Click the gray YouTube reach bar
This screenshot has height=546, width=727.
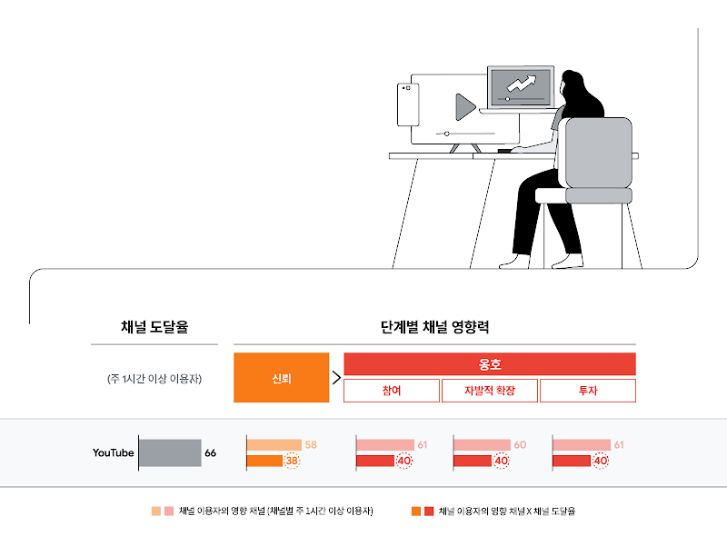(x=170, y=452)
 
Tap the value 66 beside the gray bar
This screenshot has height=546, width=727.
(x=210, y=452)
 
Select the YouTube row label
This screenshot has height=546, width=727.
(x=113, y=452)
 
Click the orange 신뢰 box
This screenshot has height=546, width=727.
(x=281, y=378)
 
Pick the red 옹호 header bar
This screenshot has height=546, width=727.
(x=490, y=364)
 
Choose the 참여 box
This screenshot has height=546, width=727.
(x=391, y=392)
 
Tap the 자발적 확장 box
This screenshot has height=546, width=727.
(x=489, y=392)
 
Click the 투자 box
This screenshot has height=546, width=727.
(x=587, y=392)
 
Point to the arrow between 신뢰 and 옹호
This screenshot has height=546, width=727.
(x=336, y=378)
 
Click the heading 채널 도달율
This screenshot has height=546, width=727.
(x=154, y=327)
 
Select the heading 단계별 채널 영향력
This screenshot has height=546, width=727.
(x=434, y=327)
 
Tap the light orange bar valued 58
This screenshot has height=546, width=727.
(x=274, y=445)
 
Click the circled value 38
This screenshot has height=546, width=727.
(x=292, y=461)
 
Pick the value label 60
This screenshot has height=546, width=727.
(x=520, y=445)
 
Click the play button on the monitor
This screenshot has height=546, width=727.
(x=464, y=107)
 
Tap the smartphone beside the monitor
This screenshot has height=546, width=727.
(x=406, y=104)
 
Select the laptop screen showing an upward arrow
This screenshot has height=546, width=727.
(x=520, y=87)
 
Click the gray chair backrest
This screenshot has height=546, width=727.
(x=598, y=152)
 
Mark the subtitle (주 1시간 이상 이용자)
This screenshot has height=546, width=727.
(x=154, y=379)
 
